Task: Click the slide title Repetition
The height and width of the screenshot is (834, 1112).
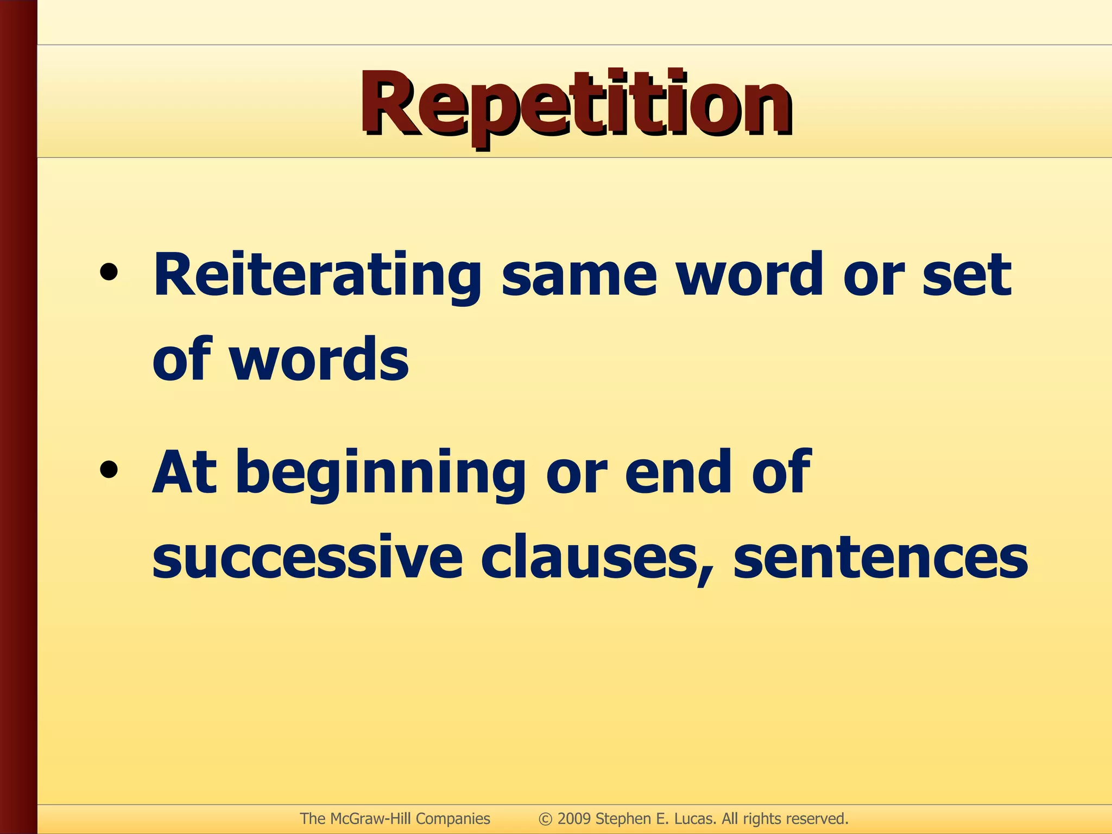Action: click(576, 106)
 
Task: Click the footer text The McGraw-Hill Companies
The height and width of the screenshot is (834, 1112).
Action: click(395, 819)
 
